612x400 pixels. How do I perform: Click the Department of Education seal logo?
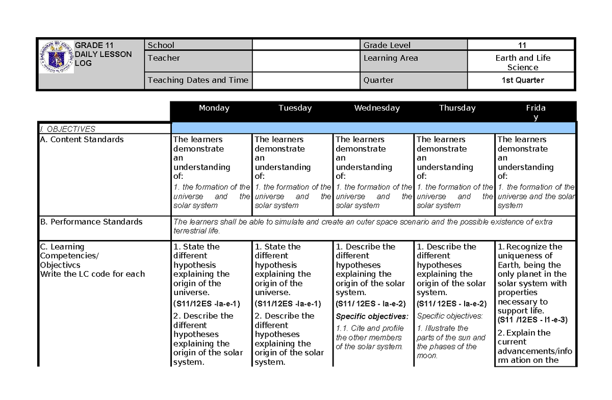56,57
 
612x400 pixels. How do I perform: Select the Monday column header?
214,108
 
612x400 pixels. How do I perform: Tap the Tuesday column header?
295,108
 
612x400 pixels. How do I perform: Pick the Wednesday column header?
377,108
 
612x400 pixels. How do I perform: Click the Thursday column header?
457,108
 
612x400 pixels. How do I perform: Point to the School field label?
161,45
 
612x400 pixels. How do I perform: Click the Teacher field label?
164,58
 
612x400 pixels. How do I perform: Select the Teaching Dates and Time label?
198,80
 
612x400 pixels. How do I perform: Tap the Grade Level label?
387,45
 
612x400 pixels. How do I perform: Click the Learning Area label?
391,58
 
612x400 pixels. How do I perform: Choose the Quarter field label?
378,80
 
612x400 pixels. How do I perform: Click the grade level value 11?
522,45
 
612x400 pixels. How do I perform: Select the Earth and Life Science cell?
523,63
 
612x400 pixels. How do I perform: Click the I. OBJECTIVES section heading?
68,129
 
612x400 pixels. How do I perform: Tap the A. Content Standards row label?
82,140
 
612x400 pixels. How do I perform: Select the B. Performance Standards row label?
91,222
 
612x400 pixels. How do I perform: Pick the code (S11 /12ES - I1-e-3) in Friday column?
532,320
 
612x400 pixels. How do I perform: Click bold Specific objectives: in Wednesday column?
372,316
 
